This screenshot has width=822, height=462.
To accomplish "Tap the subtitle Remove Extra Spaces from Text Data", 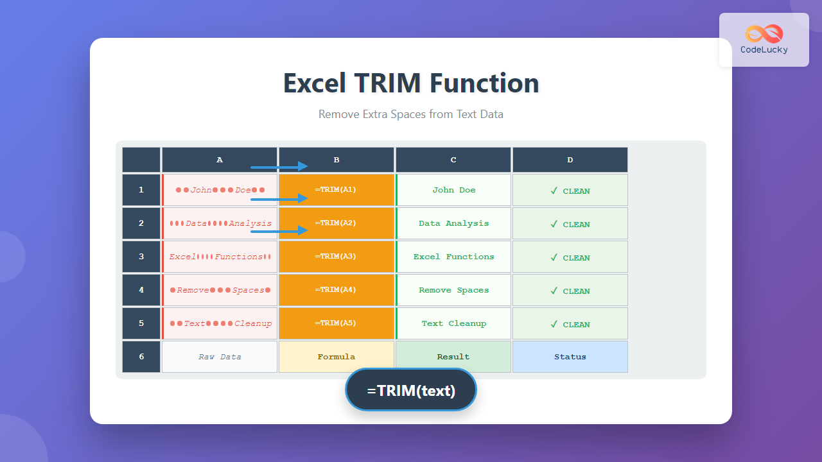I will [x=411, y=114].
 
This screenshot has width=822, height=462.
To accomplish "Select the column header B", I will [x=337, y=160].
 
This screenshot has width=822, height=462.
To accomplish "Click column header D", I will [x=570, y=160].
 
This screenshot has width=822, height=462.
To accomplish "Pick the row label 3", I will [x=141, y=257].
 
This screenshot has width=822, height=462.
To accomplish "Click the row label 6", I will [x=141, y=357].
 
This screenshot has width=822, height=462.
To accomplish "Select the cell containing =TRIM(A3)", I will [x=336, y=257].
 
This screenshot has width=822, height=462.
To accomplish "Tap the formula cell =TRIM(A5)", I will [x=336, y=323].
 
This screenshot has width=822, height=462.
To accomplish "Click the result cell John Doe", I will [x=454, y=190].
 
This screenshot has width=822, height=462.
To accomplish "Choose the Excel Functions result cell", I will [x=454, y=257].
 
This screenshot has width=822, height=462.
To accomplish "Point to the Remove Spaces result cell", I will [x=454, y=290].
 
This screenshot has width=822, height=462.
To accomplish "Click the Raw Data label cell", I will [x=220, y=357].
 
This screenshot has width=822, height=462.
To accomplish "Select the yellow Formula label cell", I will [x=337, y=357].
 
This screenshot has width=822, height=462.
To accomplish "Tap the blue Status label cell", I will [x=570, y=357].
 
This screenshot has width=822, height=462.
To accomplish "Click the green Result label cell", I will [x=453, y=357].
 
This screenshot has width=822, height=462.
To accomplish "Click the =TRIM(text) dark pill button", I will [x=411, y=389].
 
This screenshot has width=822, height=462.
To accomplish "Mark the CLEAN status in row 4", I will [x=576, y=291].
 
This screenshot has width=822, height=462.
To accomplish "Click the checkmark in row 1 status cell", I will [x=554, y=191].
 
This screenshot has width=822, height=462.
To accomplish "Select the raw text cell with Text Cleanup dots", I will [x=220, y=323].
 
